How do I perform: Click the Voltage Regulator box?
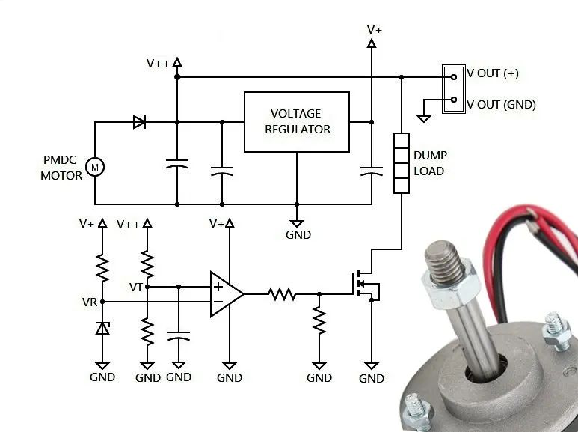tap(296, 121)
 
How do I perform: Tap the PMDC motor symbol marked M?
tap(95, 167)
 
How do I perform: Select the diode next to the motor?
tap(139, 122)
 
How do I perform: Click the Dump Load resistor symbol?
tap(402, 162)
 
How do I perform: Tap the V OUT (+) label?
tap(493, 73)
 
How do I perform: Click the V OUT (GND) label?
tap(501, 105)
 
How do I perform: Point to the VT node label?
tap(136, 287)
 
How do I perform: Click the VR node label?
tap(90, 302)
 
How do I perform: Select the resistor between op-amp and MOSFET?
tap(283, 294)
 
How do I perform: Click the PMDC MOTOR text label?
tap(63, 168)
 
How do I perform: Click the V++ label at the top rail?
tap(158, 64)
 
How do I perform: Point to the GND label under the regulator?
tap(298, 234)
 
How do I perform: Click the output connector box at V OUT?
tap(452, 88)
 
